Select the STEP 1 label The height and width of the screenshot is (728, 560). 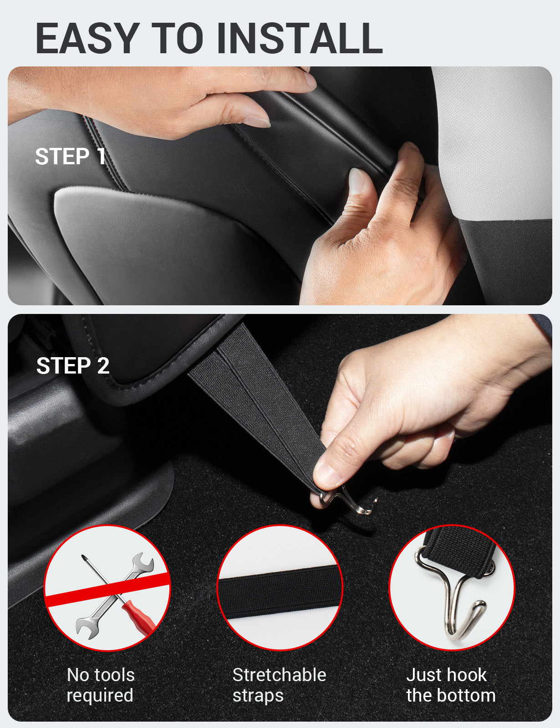pyautogui.click(x=71, y=157)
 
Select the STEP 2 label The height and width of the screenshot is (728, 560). pyautogui.click(x=73, y=366)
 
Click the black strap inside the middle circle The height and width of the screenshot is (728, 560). pyautogui.click(x=280, y=591)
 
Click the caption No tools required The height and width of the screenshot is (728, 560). pyautogui.click(x=101, y=685)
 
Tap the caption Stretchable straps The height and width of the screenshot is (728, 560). pyautogui.click(x=279, y=685)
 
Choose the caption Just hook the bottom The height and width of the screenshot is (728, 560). pyautogui.click(x=451, y=685)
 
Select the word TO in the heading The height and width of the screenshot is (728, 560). pyautogui.click(x=178, y=38)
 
